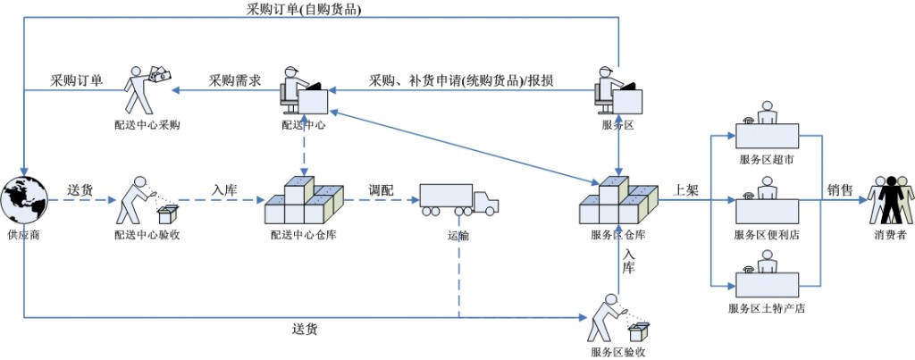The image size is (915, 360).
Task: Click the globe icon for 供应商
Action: click(24, 203)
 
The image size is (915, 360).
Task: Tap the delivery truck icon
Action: click(458, 200)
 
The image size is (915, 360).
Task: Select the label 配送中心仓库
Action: click(304, 235)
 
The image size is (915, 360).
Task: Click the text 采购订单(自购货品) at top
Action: click(305, 10)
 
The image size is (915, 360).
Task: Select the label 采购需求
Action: click(235, 80)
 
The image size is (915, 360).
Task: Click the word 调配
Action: click(382, 190)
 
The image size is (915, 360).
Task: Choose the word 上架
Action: click(684, 189)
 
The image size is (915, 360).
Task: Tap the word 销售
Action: click(840, 189)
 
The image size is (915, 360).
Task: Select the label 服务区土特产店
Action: click(766, 308)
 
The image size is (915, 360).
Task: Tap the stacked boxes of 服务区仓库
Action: click(617, 202)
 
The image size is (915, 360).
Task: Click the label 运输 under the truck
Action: click(458, 236)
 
